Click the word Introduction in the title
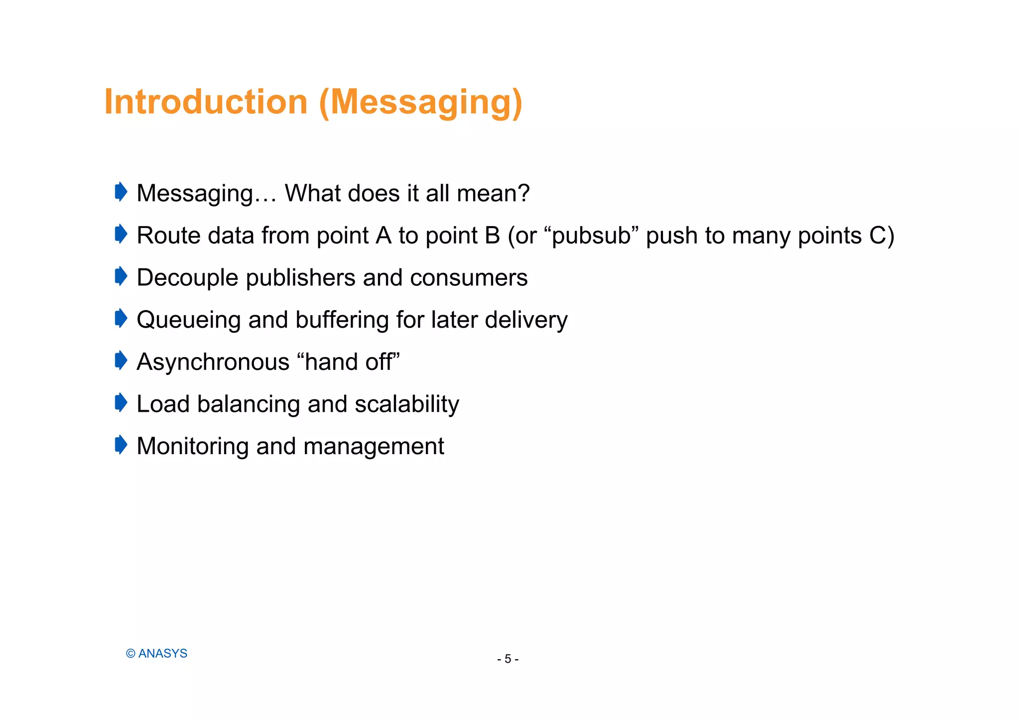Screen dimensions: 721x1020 pos(206,102)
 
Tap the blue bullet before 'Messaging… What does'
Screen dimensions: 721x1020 pos(121,192)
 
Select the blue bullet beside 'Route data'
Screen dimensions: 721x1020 pos(121,234)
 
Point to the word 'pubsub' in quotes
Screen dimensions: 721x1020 pos(591,236)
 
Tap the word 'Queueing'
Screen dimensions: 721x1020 pos(188,321)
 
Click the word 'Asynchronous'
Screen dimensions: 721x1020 pos(213,362)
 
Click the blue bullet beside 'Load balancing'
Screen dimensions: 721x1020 pos(121,402)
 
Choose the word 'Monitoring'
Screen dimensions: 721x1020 pos(192,447)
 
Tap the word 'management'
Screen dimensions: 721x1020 pos(374,447)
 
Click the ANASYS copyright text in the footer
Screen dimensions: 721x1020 pos(157,654)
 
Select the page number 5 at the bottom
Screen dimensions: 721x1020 pos(508,659)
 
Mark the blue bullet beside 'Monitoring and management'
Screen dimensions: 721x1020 pos(121,445)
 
